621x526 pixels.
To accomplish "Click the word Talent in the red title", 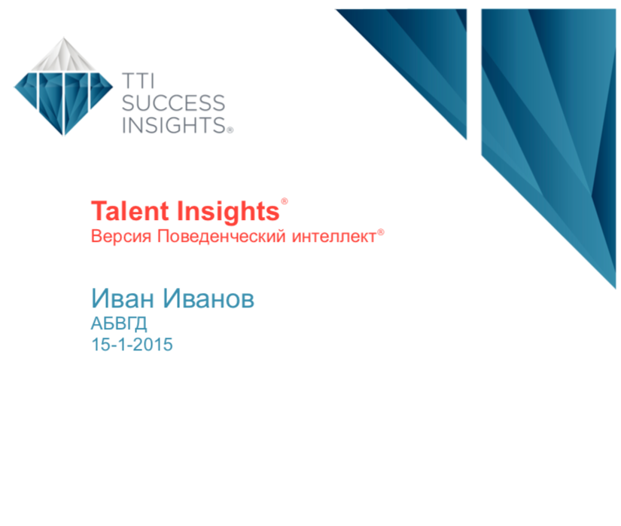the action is (130, 211).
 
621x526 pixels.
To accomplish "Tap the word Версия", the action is (121, 236).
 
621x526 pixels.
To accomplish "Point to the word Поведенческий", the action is (221, 236).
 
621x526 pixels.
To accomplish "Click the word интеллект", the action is (334, 237).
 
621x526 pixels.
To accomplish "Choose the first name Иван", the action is (123, 298).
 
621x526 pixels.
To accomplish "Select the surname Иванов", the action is (209, 298).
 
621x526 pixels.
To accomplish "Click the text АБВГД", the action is (119, 324).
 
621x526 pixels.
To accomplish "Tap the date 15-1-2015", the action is (132, 344).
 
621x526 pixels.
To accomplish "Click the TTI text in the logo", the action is (138, 81).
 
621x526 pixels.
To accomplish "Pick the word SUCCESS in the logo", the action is (173, 103).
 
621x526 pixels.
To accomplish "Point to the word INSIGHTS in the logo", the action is (174, 125).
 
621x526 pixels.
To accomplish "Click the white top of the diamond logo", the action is (63, 56).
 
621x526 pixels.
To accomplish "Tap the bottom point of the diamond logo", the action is (63, 135).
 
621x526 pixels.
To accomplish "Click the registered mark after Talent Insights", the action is (285, 201).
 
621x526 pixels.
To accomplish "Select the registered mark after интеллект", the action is (381, 232).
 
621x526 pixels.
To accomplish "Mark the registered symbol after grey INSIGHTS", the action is (230, 130).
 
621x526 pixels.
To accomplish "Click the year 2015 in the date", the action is (153, 344).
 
